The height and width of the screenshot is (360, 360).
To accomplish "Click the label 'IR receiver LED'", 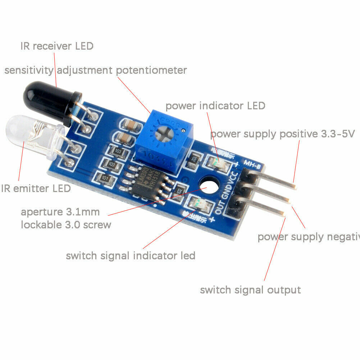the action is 57,46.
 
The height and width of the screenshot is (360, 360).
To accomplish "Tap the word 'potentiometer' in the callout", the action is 151,70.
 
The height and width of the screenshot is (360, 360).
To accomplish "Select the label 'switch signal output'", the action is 250,290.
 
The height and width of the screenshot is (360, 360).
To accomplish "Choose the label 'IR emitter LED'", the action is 36,188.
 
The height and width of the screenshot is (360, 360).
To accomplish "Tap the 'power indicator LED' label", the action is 215,106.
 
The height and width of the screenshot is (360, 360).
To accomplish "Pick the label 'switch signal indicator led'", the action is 130,256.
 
